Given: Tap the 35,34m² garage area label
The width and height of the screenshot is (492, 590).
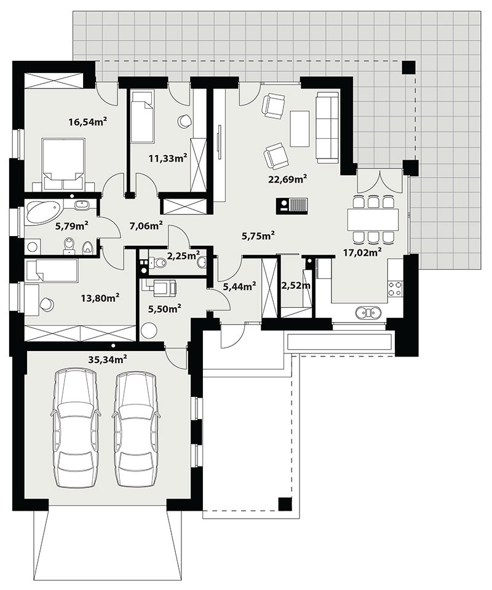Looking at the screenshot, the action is pyautogui.click(x=107, y=359).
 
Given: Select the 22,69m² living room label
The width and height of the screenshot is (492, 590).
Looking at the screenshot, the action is pyautogui.click(x=287, y=179).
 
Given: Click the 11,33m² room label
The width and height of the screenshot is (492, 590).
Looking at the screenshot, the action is pyautogui.click(x=168, y=158).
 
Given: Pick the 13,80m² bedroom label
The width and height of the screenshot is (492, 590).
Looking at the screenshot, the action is pyautogui.click(x=100, y=298).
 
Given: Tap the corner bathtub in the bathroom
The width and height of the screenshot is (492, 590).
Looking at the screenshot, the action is pyautogui.click(x=42, y=211).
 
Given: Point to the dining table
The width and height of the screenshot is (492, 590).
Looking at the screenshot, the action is pyautogui.click(x=373, y=219).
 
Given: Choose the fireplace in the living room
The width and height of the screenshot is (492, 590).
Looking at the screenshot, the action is pyautogui.click(x=293, y=206).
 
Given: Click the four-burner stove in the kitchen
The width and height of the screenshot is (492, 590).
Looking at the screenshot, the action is pyautogui.click(x=395, y=288).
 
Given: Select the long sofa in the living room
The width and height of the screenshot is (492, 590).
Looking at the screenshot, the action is pyautogui.click(x=328, y=127).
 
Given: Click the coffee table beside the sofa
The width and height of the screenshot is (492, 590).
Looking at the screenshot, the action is pyautogui.click(x=300, y=128).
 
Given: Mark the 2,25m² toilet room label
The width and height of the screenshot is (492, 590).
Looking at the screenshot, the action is pyautogui.click(x=183, y=256).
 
